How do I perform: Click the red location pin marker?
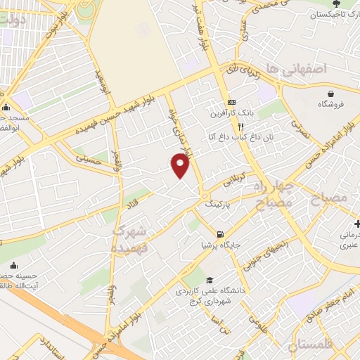[181, 165]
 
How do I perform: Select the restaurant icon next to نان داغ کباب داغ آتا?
[240, 127]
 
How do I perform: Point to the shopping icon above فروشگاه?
[330, 94]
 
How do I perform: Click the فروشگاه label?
[330, 104]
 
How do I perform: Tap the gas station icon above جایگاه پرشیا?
[221, 234]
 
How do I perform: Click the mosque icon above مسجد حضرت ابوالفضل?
[6, 107]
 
